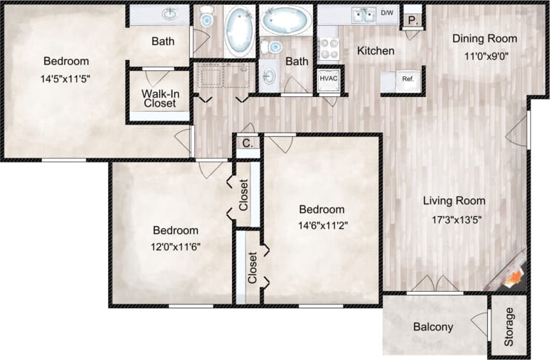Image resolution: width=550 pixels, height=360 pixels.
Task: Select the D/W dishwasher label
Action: point(388,13)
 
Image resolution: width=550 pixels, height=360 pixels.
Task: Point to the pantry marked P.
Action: point(413,20)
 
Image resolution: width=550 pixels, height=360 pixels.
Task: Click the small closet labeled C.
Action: point(249,145)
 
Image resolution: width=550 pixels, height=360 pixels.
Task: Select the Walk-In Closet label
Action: point(159,99)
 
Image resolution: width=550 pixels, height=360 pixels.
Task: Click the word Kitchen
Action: point(376,51)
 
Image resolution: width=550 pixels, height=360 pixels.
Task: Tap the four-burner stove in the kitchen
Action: point(328,48)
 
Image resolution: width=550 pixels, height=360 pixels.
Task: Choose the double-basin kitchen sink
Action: point(363,14)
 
